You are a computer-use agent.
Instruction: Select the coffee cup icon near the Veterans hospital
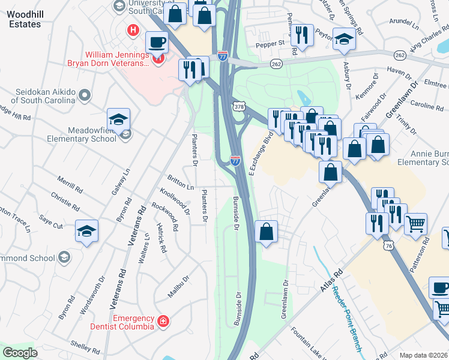coord(157,43)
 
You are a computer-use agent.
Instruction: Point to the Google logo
coord(20,352)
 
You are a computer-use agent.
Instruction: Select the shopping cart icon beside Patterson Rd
coord(415,224)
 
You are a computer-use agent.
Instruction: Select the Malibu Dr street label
coord(179,287)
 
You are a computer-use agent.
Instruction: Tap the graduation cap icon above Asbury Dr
coord(345,39)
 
